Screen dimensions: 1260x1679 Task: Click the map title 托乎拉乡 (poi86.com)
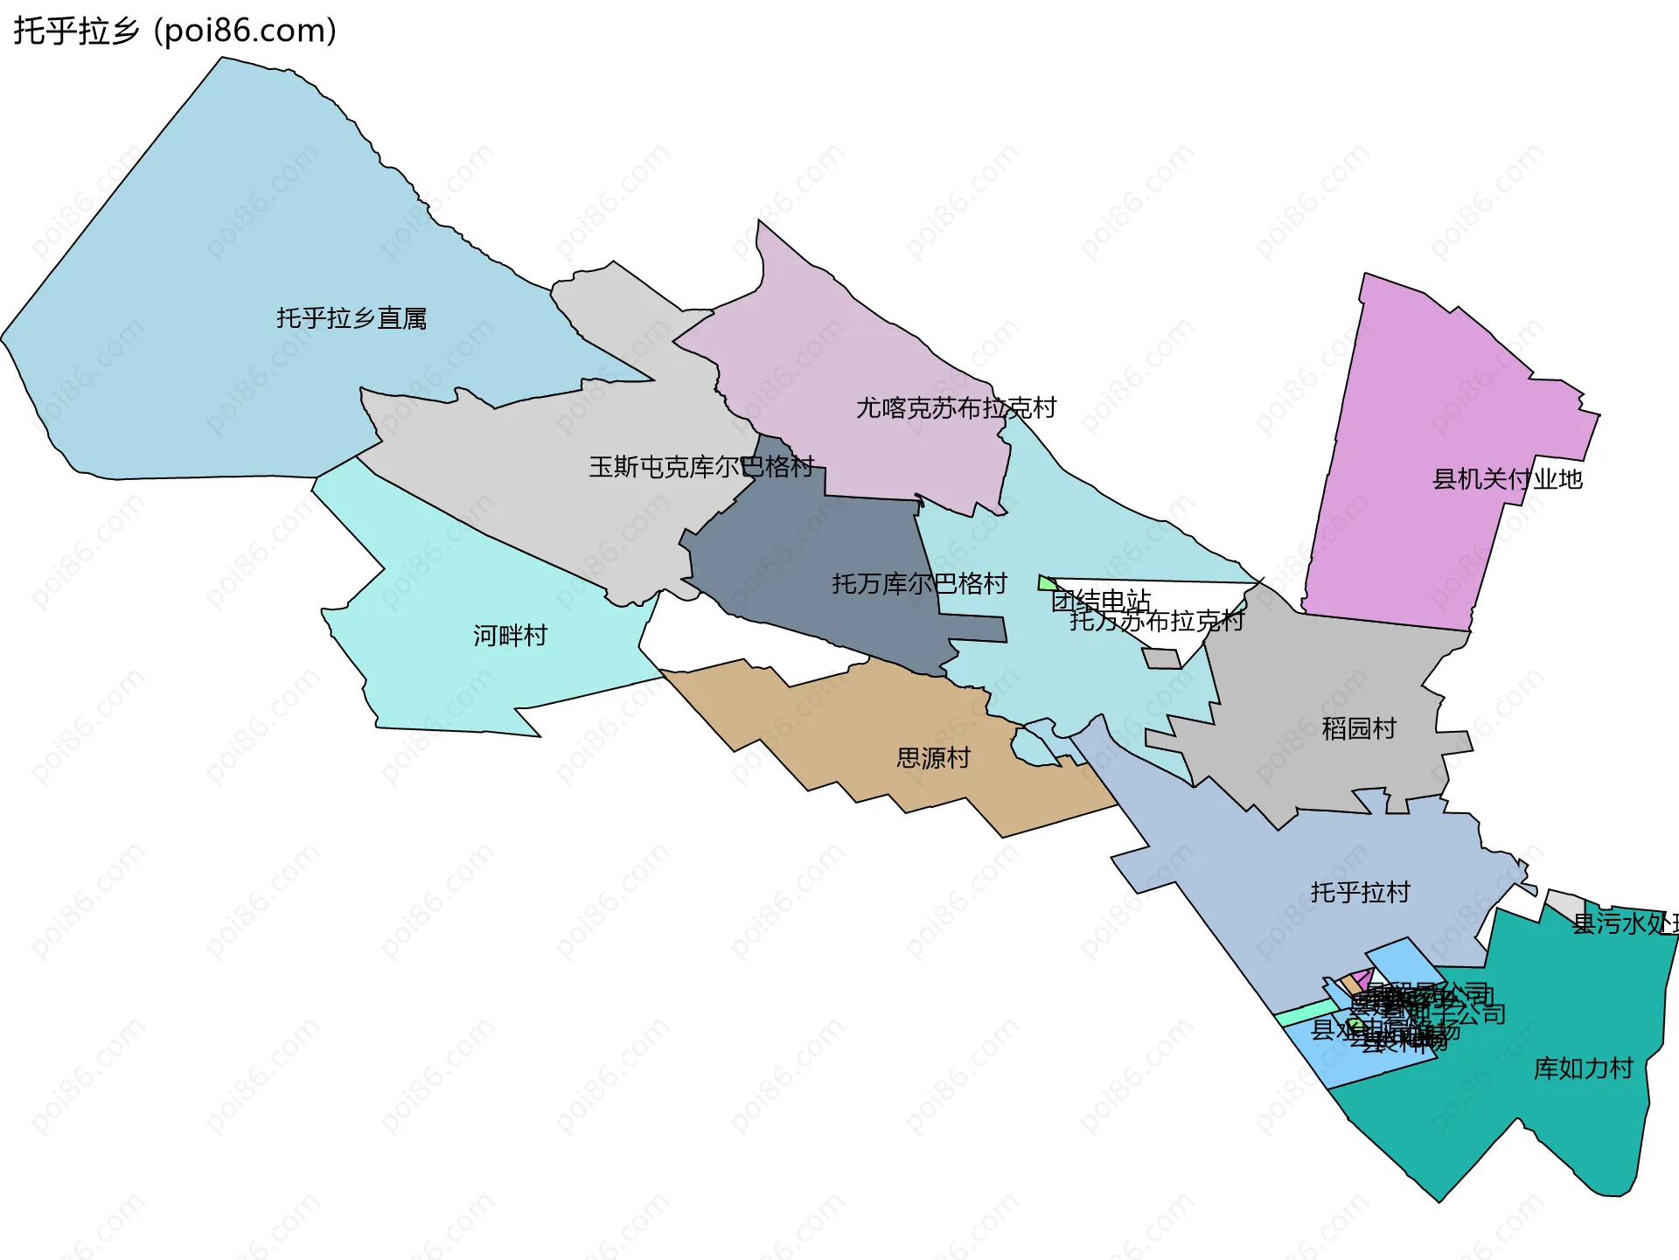(175, 31)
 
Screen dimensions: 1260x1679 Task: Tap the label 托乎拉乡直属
(352, 318)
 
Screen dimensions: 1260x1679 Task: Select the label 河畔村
(510, 636)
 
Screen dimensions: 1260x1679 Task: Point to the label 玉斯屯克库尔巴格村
(701, 467)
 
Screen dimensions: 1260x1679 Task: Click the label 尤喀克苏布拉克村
(956, 408)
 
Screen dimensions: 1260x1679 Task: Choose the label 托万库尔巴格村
(919, 584)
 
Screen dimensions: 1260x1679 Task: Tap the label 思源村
(933, 758)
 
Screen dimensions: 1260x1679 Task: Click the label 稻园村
(1358, 728)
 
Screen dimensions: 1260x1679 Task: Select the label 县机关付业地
(1507, 479)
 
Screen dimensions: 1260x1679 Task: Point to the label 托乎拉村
(1360, 892)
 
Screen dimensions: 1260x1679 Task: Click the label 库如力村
(1583, 1069)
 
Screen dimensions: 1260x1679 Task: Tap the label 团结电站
(1100, 601)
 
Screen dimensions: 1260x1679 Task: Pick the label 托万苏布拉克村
(1156, 622)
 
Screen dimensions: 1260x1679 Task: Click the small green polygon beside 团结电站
(1046, 583)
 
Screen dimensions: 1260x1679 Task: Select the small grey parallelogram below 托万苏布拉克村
(1161, 658)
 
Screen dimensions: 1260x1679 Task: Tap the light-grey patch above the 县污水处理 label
(1565, 903)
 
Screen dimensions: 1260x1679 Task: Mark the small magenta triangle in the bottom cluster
(1362, 978)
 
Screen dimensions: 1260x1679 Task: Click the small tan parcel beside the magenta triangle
(1351, 985)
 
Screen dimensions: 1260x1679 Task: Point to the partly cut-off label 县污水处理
(1625, 923)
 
